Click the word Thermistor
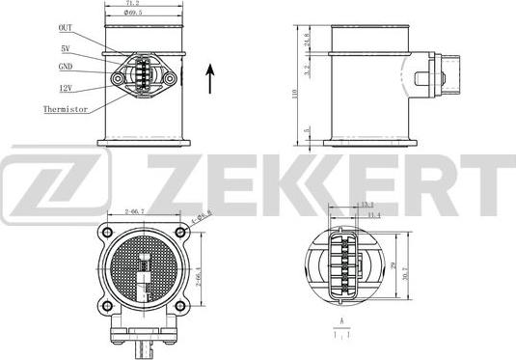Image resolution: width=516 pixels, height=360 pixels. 67,110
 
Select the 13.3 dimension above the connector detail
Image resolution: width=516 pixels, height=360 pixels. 367,206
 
